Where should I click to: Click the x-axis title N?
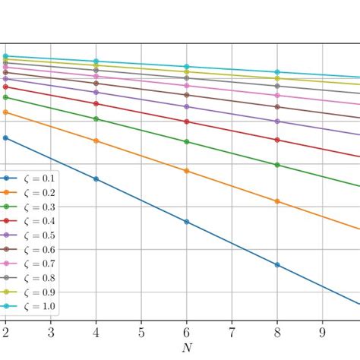coord(187,348)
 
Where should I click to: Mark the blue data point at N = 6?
coord(187,222)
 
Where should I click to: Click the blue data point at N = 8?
coord(277,264)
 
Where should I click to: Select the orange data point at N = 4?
coord(96,141)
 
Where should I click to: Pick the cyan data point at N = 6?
coord(187,67)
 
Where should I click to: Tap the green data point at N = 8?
coord(277,165)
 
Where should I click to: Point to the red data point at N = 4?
coord(96,103)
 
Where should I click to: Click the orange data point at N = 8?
coord(277,201)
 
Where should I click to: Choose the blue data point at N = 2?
coord(5,137)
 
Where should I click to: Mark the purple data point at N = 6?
coord(187,106)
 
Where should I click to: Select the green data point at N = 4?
coord(96,118)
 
